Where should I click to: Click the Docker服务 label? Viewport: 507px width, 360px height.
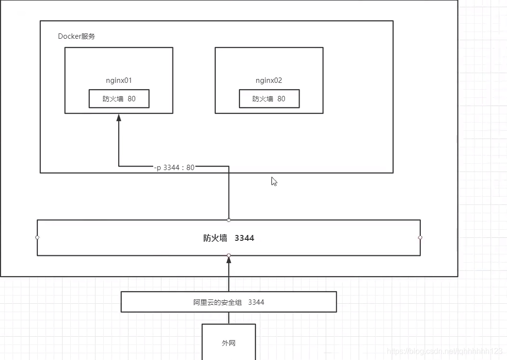(x=76, y=36)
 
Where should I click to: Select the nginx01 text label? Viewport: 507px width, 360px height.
(x=119, y=80)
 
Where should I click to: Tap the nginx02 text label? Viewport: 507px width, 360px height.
(x=269, y=80)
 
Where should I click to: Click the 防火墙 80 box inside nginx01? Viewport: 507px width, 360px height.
(x=119, y=99)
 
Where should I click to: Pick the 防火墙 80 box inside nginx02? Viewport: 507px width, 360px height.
(x=269, y=99)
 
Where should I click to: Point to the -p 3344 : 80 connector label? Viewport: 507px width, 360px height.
(x=174, y=167)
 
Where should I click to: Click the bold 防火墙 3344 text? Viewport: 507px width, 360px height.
(x=228, y=238)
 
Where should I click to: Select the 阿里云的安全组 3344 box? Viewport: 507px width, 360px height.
(x=228, y=302)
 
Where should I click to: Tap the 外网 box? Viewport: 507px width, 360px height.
(x=228, y=343)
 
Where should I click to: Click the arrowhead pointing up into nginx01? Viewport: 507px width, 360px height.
(x=119, y=118)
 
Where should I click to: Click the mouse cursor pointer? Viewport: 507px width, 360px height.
(x=274, y=181)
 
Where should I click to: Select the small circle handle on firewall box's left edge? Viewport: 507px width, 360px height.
(x=37, y=237)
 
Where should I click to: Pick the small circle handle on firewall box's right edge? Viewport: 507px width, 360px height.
(x=420, y=237)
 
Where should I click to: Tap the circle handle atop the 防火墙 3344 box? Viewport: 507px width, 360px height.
(x=229, y=220)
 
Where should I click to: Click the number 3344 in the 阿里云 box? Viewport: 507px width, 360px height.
(x=256, y=302)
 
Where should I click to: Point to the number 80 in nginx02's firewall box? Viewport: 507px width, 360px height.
(x=281, y=99)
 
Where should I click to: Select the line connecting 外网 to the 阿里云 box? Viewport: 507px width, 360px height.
(x=229, y=318)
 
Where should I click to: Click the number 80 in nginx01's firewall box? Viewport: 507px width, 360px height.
(x=131, y=99)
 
